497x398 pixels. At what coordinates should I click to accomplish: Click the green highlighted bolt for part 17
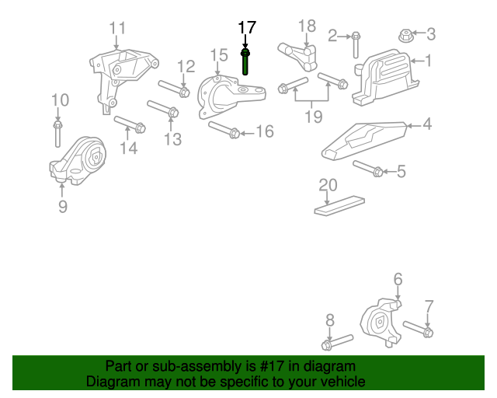coord(245,62)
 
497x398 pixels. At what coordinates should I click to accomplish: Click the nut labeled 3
coord(405,34)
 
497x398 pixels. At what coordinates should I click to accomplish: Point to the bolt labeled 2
coord(355,45)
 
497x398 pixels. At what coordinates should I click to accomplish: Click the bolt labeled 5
coord(368,169)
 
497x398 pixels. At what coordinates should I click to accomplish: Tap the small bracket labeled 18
coord(299,57)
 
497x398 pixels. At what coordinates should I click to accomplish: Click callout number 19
coord(313,117)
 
